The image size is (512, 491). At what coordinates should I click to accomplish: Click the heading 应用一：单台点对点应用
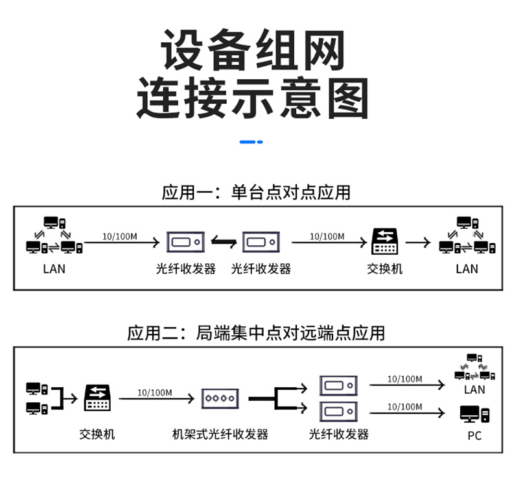tap(256, 193)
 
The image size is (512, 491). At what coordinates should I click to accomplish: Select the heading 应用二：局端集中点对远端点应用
tap(256, 333)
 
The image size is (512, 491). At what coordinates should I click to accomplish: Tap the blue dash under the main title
tap(251, 142)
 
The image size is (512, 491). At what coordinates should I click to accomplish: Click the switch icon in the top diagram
tap(385, 241)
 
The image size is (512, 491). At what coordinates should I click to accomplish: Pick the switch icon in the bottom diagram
tap(97, 398)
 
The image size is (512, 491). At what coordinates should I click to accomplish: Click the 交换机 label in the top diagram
tap(385, 269)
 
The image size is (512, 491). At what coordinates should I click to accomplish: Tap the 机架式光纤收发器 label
tap(220, 434)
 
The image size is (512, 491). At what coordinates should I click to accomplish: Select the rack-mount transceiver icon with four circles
tap(220, 398)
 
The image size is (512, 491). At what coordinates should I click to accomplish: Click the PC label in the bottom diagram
tap(474, 436)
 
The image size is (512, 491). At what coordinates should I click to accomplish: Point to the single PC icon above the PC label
tap(475, 414)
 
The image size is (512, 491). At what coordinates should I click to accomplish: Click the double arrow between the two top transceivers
tap(224, 242)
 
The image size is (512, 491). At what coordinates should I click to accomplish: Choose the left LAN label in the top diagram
tap(54, 269)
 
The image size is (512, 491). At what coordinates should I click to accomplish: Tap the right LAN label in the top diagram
tap(467, 269)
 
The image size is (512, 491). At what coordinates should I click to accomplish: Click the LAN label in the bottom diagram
tap(474, 389)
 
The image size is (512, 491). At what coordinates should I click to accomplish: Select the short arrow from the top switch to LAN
tap(418, 243)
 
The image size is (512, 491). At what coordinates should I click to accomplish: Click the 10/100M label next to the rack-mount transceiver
tap(154, 392)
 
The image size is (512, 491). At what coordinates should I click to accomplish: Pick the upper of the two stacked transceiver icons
tap(338, 385)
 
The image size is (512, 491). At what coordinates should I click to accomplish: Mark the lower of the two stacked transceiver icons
tap(338, 411)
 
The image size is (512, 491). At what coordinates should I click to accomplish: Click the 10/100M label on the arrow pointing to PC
tap(404, 407)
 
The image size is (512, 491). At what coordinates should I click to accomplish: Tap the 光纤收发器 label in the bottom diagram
tap(338, 434)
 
